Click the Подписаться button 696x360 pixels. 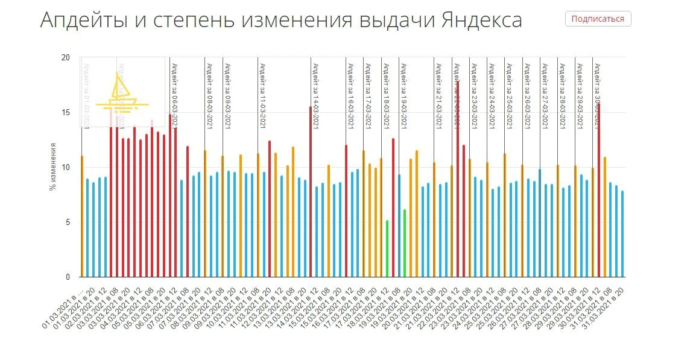click(598, 19)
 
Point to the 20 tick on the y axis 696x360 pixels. click(66, 58)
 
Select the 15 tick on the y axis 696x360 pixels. click(66, 113)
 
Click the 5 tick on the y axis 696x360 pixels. click(68, 223)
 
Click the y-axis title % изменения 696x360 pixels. click(53, 167)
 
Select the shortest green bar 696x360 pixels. click(387, 248)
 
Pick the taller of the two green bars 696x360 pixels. click(405, 243)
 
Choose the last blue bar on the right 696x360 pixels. click(622, 234)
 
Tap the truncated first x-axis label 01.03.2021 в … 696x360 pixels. click(64, 308)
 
